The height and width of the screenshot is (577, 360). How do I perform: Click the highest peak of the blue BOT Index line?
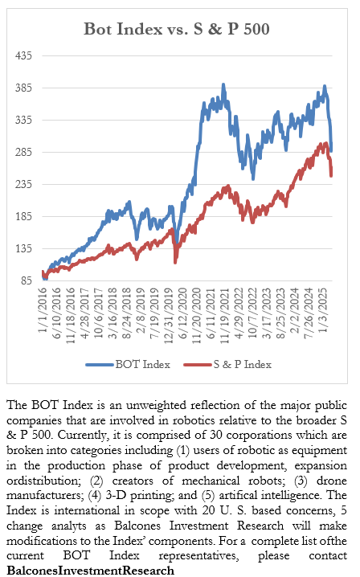[x=325, y=86]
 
